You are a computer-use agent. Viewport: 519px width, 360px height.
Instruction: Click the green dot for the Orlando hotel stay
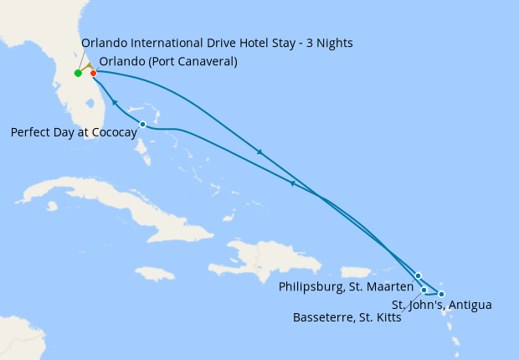78,73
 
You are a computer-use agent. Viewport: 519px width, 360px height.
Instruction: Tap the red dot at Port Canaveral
93,73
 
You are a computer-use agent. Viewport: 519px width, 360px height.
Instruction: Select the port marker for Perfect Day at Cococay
142,124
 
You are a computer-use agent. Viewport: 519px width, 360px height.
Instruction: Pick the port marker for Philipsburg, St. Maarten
418,275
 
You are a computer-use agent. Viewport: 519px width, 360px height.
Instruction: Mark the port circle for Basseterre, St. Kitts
424,290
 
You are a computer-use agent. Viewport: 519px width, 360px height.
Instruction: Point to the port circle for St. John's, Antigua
441,294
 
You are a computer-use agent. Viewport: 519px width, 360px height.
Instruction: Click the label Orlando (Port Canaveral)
167,61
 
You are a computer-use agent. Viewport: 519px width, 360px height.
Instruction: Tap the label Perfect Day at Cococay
74,131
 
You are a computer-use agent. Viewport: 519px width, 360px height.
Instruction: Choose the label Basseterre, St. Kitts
347,317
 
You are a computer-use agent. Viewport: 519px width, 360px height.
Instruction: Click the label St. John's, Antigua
441,305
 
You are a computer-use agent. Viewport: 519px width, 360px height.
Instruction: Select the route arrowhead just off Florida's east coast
114,101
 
